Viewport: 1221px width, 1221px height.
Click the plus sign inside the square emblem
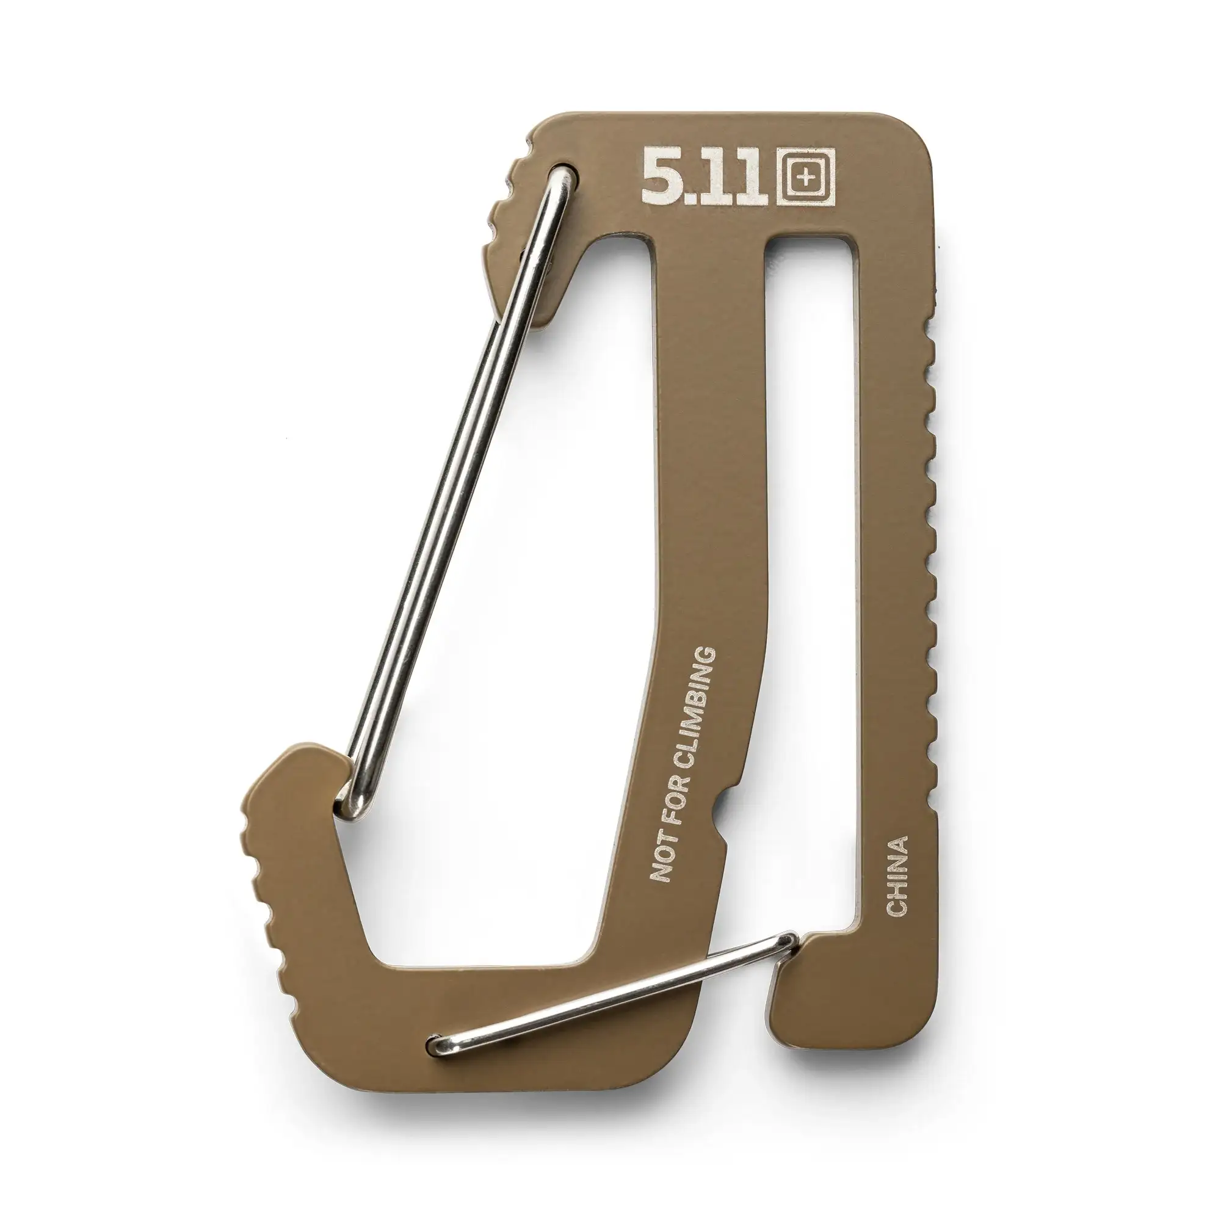805,179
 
